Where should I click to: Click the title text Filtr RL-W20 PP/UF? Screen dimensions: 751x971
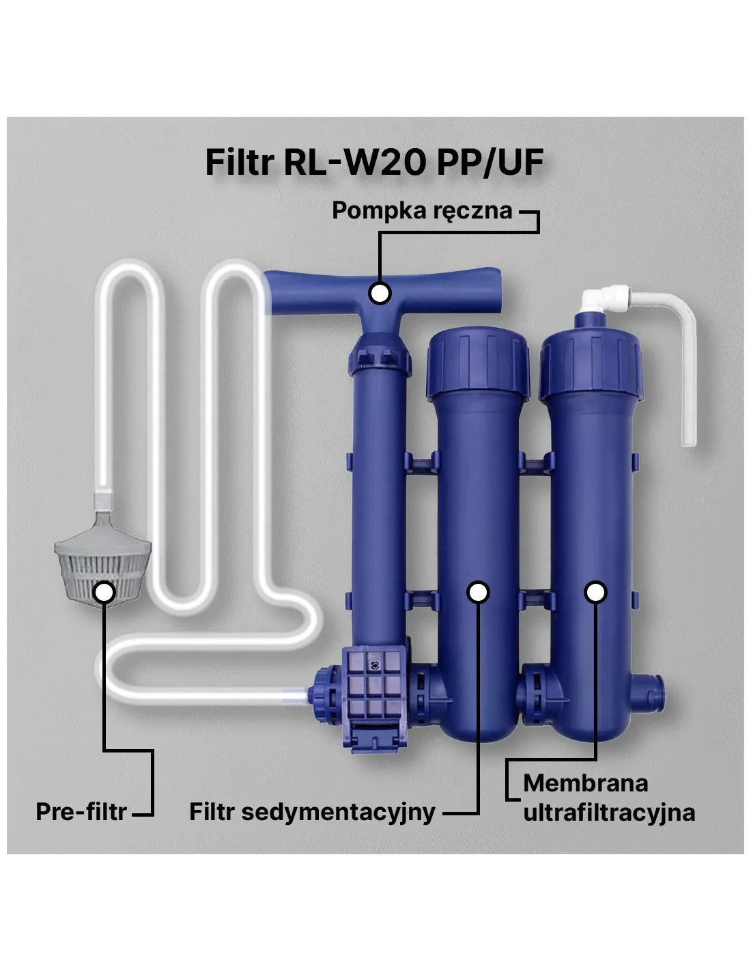point(374,162)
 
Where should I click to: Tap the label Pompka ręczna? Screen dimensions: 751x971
point(422,210)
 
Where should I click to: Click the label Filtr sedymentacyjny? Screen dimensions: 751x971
point(312,812)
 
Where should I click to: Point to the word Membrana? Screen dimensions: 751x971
point(585,783)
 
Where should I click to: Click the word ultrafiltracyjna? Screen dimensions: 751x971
point(609,813)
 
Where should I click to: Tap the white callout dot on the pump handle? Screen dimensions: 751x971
point(380,293)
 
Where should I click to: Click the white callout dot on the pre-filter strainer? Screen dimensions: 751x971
point(104,592)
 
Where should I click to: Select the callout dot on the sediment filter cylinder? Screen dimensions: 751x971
point(478,593)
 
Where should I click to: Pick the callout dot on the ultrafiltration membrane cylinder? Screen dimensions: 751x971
point(595,593)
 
